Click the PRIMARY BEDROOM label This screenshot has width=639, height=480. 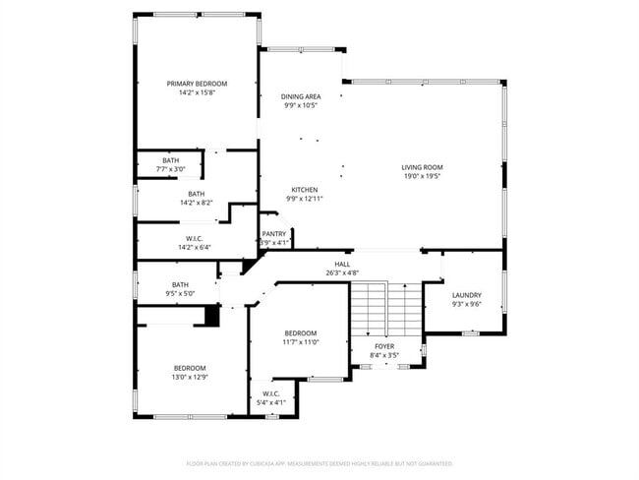coord(197,84)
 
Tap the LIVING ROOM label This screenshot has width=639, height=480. coord(422,167)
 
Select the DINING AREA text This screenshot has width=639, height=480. coord(301,96)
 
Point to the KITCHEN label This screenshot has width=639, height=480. coord(304,189)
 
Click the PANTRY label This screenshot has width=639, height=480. coord(273,233)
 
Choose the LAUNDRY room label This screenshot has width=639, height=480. coord(467,295)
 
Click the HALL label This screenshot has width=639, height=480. coord(342,264)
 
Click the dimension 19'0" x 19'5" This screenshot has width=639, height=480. coord(422,177)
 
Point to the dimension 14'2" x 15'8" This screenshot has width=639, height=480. coord(197,93)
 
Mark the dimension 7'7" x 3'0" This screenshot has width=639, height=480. coord(170,169)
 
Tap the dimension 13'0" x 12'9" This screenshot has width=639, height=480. coord(191,377)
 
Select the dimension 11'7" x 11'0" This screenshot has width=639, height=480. coord(300,342)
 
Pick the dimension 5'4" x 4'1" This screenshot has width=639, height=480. coord(272,402)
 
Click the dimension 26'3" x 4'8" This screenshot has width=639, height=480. coord(342,273)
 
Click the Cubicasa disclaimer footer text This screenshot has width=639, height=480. coord(319,462)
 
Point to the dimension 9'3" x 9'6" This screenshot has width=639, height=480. coord(467,305)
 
